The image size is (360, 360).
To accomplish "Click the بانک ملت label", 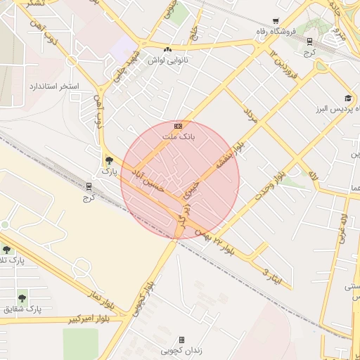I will coord(178,136).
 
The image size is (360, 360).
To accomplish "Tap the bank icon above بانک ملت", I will coord(178,126).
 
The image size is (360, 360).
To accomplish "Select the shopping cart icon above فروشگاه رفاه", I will coord(275,21).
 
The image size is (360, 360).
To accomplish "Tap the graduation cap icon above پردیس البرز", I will coord(347,98).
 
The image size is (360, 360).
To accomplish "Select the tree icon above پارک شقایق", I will coord(23,297).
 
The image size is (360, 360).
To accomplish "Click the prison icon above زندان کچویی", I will coord(181,340).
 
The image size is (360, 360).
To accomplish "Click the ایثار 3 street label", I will coord(271,276).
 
